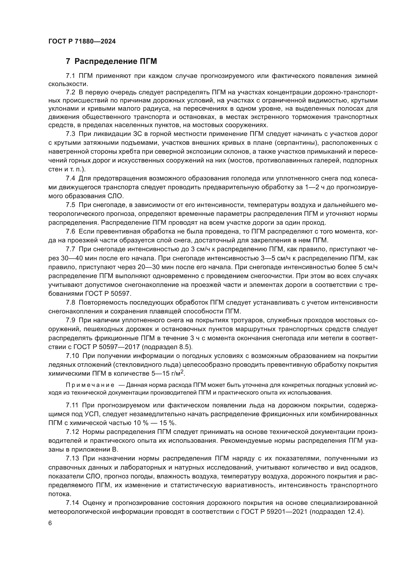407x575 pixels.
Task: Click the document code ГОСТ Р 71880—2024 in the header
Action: (82, 42)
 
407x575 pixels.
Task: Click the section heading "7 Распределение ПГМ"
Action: (111, 61)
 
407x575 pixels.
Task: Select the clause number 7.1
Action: (70, 76)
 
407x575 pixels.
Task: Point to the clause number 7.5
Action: (70, 205)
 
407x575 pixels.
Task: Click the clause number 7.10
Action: (72, 356)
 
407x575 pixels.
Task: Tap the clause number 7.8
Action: (70, 303)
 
